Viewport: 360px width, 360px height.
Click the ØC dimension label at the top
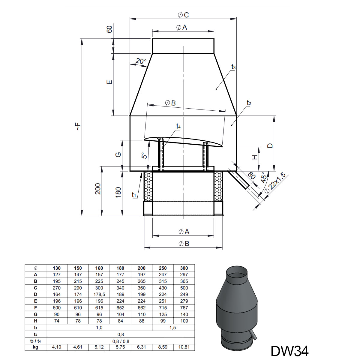[x=183, y=15]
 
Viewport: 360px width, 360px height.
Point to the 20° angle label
[x=141, y=61]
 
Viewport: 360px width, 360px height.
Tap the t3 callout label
[x=233, y=67]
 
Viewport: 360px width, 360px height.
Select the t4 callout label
[x=178, y=127]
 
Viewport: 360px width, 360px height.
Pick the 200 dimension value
[x=98, y=189]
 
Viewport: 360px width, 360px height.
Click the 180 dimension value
[x=118, y=192]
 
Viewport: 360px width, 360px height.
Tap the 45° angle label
[x=264, y=177]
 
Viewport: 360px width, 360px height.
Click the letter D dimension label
[x=270, y=145]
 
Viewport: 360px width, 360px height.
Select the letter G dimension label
[x=118, y=155]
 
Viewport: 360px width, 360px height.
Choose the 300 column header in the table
[x=184, y=268]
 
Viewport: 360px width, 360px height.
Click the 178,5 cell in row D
[x=99, y=294]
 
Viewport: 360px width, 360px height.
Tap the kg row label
[x=35, y=347]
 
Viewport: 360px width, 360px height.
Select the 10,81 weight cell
[x=184, y=347]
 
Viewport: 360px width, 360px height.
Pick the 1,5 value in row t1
[x=172, y=328]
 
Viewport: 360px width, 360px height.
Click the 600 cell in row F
[x=57, y=308]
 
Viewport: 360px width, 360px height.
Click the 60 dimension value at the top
[x=109, y=29]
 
